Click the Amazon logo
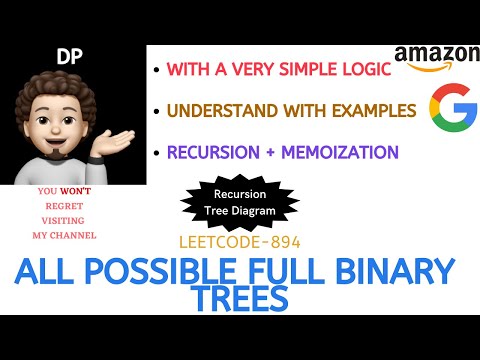tap(437, 58)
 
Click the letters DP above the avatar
tap(69, 60)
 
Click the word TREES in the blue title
tap(240, 299)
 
